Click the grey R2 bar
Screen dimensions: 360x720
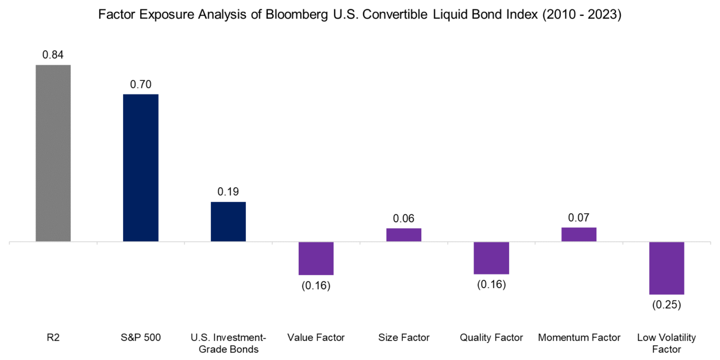click(x=53, y=153)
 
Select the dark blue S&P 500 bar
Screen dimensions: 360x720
click(x=141, y=168)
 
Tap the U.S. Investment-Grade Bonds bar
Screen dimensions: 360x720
click(x=228, y=222)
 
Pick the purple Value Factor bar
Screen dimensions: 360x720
click(x=316, y=258)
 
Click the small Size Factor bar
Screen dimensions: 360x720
click(x=404, y=235)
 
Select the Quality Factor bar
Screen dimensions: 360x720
click(x=491, y=258)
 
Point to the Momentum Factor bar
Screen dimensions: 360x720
click(x=579, y=235)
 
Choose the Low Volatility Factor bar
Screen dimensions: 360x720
click(x=667, y=268)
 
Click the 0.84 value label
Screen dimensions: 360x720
click(x=53, y=55)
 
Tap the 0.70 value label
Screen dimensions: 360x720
click(x=141, y=84)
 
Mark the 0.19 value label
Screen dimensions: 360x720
click(x=228, y=192)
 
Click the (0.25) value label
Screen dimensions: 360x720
click(x=667, y=305)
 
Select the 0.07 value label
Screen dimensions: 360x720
click(x=579, y=218)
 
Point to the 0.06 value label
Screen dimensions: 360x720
click(x=404, y=219)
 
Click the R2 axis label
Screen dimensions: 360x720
click(x=53, y=337)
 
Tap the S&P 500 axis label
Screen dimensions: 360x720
click(x=141, y=337)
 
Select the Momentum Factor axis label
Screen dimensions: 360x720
click(x=579, y=337)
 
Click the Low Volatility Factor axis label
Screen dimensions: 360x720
click(x=667, y=343)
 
